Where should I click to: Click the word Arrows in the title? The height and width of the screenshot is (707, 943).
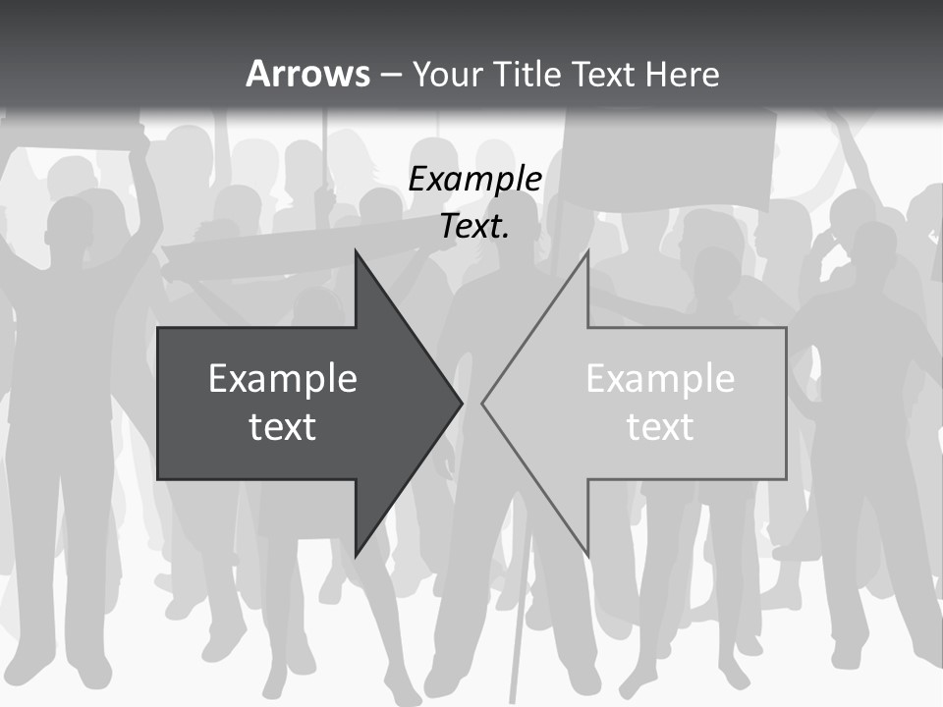point(307,74)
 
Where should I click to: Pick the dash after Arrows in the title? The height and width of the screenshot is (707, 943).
point(390,75)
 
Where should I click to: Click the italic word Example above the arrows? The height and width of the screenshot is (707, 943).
point(475,179)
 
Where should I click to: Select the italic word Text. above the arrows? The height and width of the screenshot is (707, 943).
point(475,226)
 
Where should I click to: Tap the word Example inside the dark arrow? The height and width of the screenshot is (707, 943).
point(283,379)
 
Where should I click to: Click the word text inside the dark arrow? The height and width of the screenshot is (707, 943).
point(283,427)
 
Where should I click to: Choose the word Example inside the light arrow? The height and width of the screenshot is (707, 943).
point(660,379)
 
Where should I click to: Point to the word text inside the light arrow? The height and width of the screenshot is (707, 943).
point(660,427)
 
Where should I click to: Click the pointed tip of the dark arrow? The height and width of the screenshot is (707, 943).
point(460,403)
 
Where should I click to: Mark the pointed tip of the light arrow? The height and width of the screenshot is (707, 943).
point(484,403)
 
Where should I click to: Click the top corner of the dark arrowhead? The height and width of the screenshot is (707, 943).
point(357,253)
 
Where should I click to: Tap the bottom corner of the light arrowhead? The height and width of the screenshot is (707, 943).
point(587,556)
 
